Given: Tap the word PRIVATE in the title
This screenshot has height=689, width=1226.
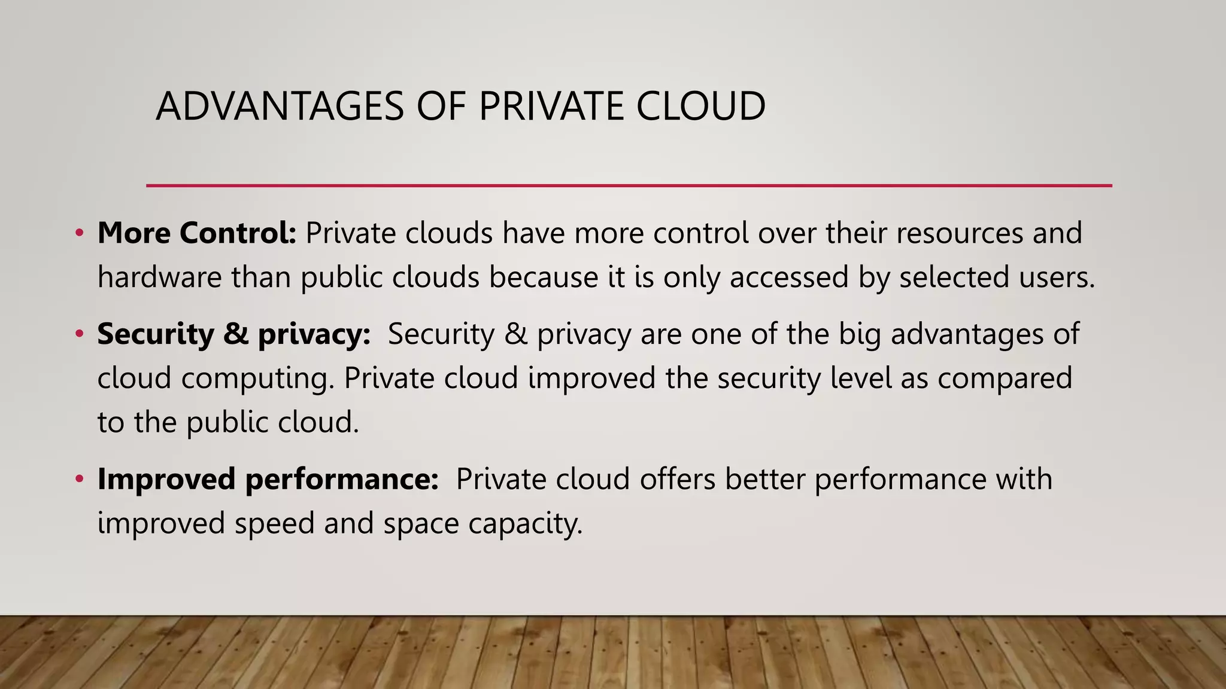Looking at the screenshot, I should coord(551,106).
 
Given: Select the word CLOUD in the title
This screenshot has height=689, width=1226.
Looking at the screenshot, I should coord(700,106).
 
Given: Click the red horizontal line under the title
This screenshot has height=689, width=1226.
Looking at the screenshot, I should coord(629,185).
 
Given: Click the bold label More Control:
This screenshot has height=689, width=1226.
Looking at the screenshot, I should coord(197,233).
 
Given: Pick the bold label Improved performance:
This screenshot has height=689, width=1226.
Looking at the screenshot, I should coord(268,479).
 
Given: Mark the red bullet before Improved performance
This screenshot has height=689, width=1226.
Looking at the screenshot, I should coord(79,478).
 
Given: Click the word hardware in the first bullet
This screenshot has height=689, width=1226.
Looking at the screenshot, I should coord(159,277).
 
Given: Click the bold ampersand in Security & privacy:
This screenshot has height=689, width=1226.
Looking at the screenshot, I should coord(236,333).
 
